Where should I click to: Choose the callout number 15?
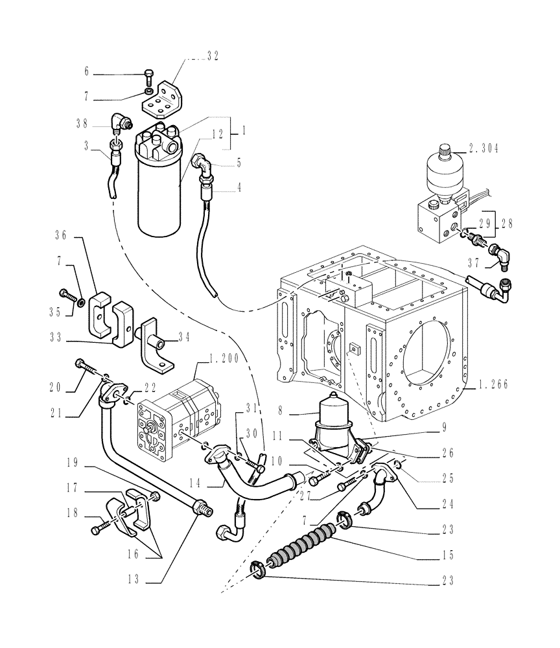coord(445,555)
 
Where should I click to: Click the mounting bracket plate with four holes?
coord(164,95)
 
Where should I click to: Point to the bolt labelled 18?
coord(99,529)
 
